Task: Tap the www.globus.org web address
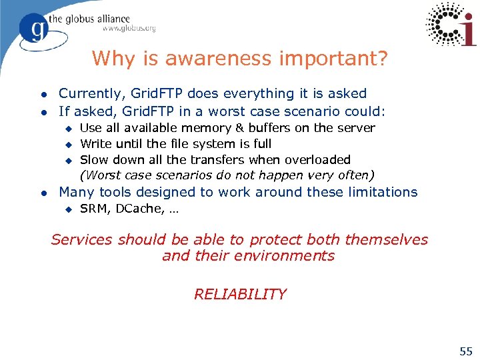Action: pos(129,29)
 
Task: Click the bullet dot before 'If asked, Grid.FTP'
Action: pos(43,112)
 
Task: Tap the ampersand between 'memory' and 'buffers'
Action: pos(238,128)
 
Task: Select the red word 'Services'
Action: pos(83,240)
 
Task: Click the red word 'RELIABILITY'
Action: pos(240,294)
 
